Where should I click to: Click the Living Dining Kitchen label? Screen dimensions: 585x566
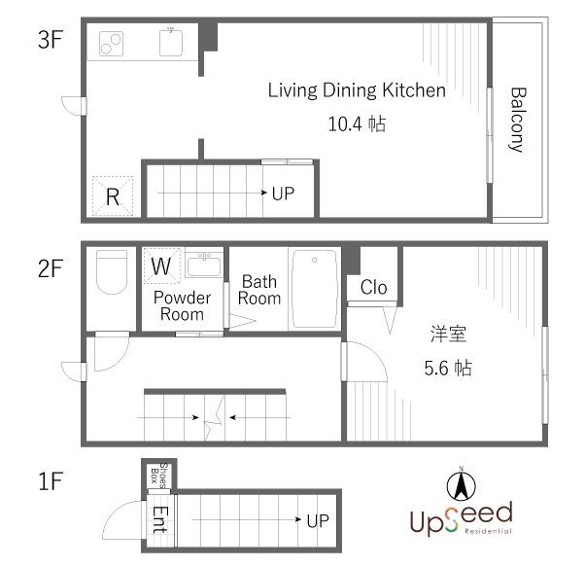357,90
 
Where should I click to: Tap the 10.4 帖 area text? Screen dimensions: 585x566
357,124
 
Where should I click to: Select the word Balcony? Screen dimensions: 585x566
518,120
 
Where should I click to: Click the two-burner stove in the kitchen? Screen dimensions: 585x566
111,44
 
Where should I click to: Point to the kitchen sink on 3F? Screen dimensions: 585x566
171,42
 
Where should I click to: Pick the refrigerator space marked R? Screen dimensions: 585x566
113,196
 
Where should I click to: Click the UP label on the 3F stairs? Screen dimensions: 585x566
283,194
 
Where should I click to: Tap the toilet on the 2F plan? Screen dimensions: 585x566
112,271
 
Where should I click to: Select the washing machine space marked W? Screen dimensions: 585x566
161,265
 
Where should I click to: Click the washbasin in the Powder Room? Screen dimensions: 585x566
204,265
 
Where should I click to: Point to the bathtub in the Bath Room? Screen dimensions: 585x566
315,289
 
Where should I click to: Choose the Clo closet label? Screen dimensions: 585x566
373,288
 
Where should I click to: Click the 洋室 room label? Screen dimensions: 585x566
448,334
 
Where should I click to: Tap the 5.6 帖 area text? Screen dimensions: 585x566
448,368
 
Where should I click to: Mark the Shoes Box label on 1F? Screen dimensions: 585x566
159,476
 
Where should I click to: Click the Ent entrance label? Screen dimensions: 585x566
160,519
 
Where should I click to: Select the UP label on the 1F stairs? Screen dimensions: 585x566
318,521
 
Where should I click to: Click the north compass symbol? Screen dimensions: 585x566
462,485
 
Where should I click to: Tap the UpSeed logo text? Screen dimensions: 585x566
462,518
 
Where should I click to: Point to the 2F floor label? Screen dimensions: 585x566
50,268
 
